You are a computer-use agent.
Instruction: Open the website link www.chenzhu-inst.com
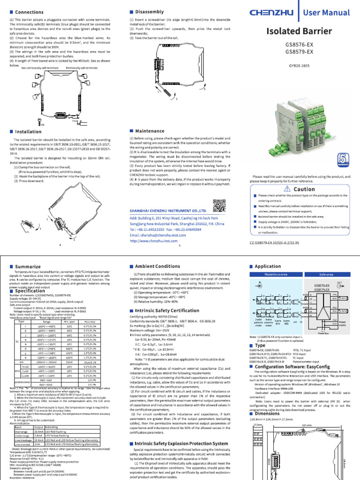(x=153, y=240)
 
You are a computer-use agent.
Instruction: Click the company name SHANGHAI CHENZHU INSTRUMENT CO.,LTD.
(x=170, y=212)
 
